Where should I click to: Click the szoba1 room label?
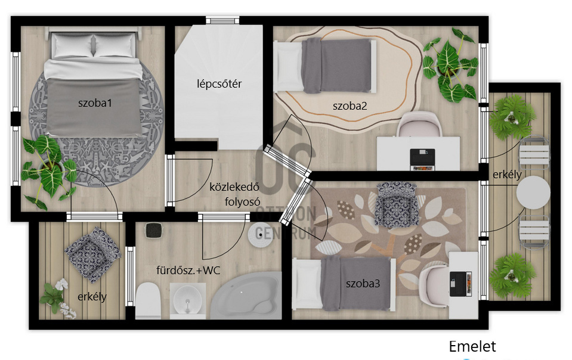point(95,103)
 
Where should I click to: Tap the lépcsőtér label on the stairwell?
point(219,84)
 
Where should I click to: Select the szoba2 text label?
point(350,106)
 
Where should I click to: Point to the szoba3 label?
point(363,283)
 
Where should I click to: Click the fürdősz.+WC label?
point(188,271)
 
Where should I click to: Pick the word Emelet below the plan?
point(472,346)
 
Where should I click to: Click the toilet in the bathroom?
point(148,300)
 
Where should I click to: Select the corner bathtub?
point(248,295)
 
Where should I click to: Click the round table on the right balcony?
point(533,193)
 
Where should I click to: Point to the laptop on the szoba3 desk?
point(460,284)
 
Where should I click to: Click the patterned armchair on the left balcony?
point(92,254)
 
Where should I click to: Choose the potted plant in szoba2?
point(450,64)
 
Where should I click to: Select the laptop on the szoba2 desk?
point(422,160)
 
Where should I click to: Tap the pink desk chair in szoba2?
point(419,125)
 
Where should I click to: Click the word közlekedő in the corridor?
point(234,187)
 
